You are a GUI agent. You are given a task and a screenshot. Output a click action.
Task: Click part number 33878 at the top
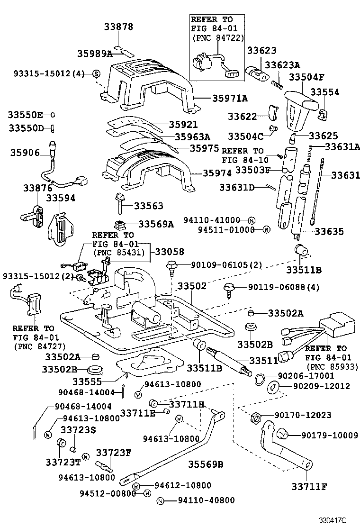(x=119, y=27)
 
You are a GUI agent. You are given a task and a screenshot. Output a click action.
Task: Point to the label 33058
(x=170, y=252)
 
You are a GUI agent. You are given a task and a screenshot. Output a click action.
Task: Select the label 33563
(x=148, y=206)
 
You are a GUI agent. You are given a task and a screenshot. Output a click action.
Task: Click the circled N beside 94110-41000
(x=252, y=220)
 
